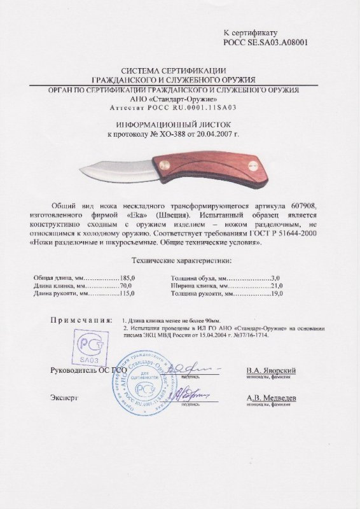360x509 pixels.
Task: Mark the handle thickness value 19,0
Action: (x=275, y=294)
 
